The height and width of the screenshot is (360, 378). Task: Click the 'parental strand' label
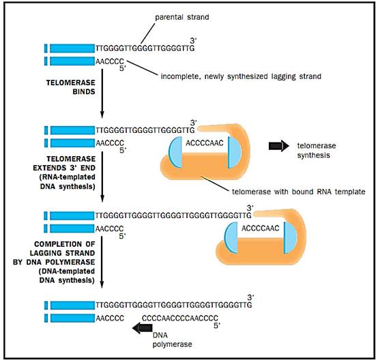point(182,17)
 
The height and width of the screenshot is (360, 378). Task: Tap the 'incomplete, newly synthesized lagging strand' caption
point(241,76)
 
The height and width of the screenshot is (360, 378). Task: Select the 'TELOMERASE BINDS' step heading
point(71,87)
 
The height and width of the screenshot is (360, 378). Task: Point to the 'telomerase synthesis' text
point(317,151)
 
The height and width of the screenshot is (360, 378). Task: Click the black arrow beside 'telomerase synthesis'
point(278,145)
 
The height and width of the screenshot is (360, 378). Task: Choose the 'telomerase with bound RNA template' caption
point(298,192)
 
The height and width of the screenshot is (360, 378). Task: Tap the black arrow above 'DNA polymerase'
point(143,328)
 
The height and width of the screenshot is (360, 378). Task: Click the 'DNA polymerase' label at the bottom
point(173,340)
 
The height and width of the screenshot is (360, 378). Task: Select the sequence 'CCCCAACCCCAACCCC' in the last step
point(180,318)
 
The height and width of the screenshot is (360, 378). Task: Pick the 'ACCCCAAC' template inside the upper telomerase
point(205,143)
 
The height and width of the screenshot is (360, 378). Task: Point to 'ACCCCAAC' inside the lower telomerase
point(261,228)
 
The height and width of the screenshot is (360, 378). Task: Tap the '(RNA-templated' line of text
point(68,177)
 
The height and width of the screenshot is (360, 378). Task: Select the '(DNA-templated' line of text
point(67,271)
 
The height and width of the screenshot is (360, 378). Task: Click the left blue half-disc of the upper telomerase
point(176,152)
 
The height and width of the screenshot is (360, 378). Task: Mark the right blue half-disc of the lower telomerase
point(290,237)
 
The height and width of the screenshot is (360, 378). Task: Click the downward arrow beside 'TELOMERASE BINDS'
point(102,93)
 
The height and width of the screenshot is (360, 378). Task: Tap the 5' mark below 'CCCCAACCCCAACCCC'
point(217,325)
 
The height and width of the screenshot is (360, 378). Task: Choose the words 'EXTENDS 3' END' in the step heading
point(64,168)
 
